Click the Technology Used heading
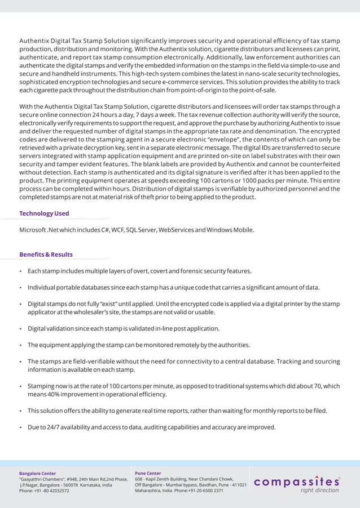pos(44,213)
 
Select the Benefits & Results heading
pos(46,255)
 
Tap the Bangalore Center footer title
pos(38,473)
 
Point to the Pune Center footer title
pos(148,473)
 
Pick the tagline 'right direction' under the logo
pos(319,491)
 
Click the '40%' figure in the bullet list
pos(56,395)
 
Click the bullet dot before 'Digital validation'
pos(21,329)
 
